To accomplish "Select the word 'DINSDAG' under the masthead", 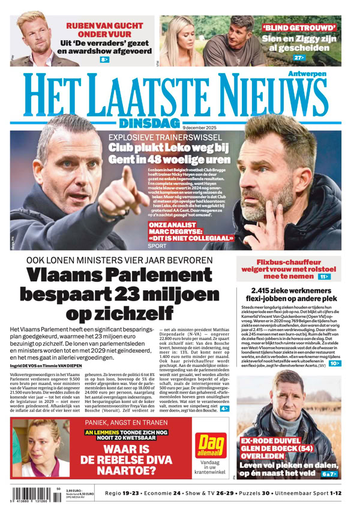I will [149, 123].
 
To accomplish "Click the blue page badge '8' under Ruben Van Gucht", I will [105, 60].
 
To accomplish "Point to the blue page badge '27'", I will [299, 58].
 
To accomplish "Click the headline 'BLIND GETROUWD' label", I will [299, 28].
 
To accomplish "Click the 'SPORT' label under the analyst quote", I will [157, 246].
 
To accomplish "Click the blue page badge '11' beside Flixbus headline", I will [324, 277].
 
